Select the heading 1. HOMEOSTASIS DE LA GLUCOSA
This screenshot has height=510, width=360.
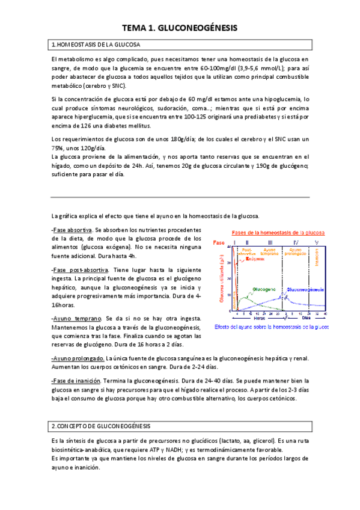click(96, 45)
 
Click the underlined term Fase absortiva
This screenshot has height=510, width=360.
click(72, 230)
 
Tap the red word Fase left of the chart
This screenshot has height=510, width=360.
click(219, 242)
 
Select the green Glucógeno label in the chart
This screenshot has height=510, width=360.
click(265, 288)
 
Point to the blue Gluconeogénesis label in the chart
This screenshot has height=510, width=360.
click(306, 289)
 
